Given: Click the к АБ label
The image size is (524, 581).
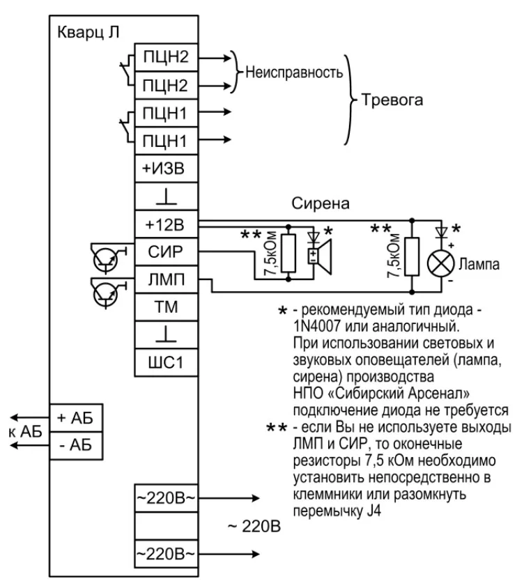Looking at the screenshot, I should click(x=22, y=431).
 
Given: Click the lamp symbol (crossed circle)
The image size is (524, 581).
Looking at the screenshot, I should click(x=438, y=264).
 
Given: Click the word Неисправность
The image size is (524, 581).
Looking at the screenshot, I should click(x=293, y=72).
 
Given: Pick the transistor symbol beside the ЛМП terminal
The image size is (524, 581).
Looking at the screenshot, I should click(x=104, y=291).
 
